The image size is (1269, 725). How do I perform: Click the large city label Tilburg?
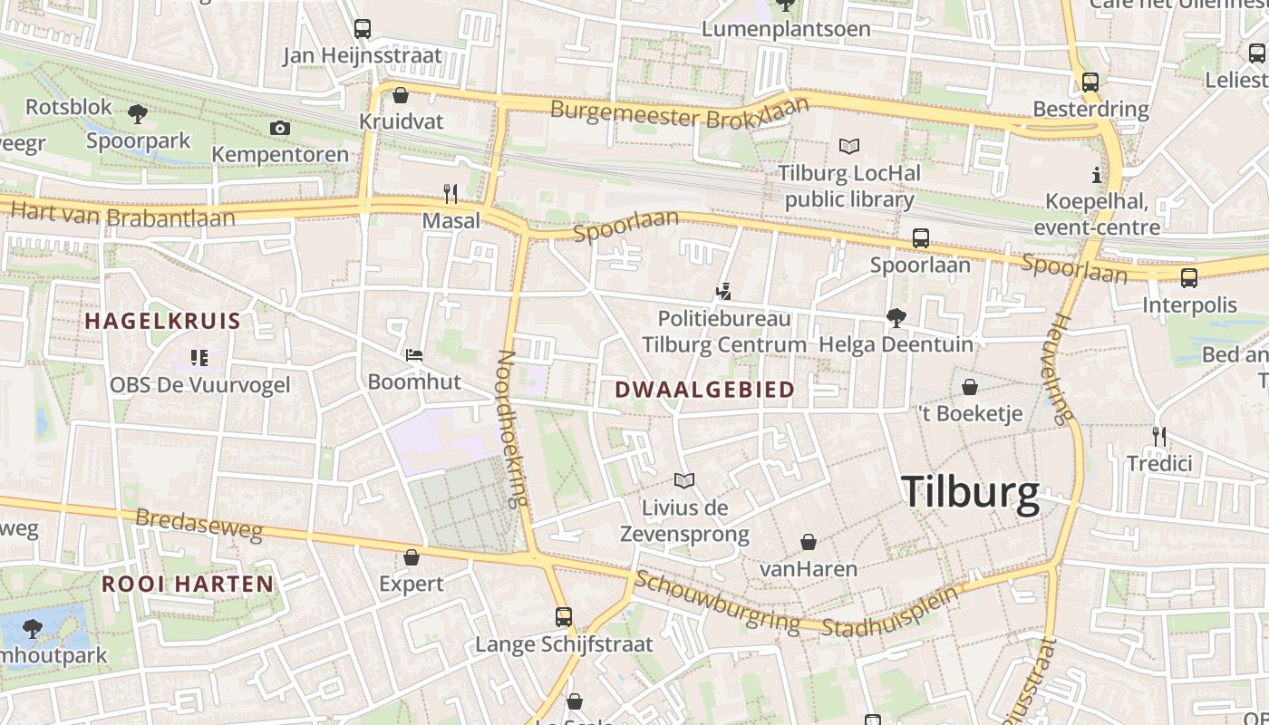pyautogui.click(x=971, y=493)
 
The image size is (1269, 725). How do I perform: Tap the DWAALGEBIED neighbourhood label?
pyautogui.click(x=704, y=390)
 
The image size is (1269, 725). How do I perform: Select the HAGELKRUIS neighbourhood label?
pyautogui.click(x=163, y=321)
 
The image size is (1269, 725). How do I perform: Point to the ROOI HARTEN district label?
pyautogui.click(x=188, y=584)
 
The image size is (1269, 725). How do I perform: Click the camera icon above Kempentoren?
pyautogui.click(x=280, y=128)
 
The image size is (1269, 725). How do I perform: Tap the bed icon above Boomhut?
pyautogui.click(x=414, y=355)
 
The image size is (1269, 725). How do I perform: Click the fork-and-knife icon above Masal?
pyautogui.click(x=450, y=194)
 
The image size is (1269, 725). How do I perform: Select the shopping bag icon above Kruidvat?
pyautogui.click(x=401, y=95)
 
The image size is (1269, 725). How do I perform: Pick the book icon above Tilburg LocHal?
pyautogui.click(x=848, y=146)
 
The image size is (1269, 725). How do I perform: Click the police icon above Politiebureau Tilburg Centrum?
pyautogui.click(x=723, y=292)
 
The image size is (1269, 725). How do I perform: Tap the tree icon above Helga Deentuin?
pyautogui.click(x=896, y=317)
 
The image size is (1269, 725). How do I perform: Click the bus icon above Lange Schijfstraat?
pyautogui.click(x=564, y=617)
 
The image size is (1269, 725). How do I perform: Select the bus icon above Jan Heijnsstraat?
pyautogui.click(x=363, y=29)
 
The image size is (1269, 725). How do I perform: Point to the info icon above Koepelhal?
pyautogui.click(x=1097, y=175)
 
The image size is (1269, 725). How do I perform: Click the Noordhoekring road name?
pyautogui.click(x=513, y=429)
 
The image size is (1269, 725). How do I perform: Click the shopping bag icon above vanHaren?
pyautogui.click(x=809, y=542)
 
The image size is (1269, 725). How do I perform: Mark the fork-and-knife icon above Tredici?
pyautogui.click(x=1158, y=437)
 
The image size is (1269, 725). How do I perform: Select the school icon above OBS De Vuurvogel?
pyautogui.click(x=199, y=358)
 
